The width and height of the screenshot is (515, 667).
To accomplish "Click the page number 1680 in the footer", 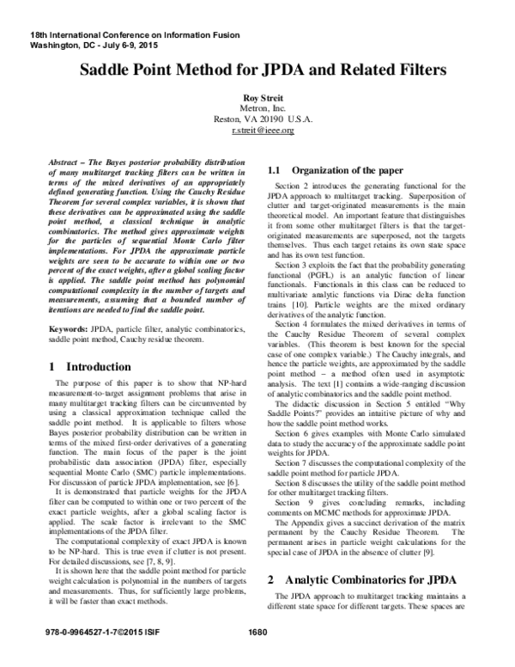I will [x=257, y=658].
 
